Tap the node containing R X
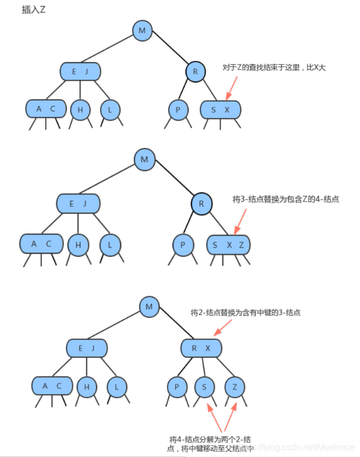(x=201, y=348)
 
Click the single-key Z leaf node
(x=234, y=387)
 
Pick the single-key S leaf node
(x=204, y=387)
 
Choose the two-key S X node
(x=220, y=110)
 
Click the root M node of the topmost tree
(x=142, y=30)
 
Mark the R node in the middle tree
(x=202, y=203)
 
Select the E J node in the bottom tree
(x=86, y=348)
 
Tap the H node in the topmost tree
(x=80, y=110)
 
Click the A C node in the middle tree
(x=41, y=244)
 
